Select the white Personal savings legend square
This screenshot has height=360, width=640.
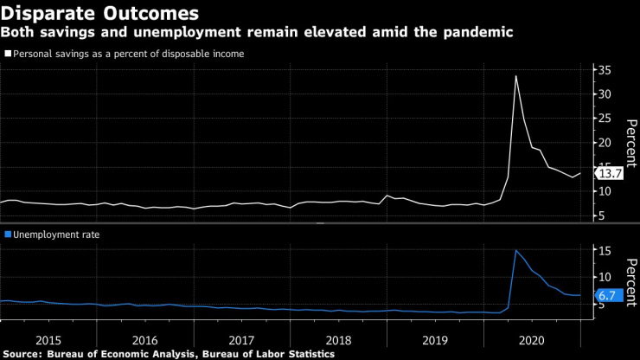(x=8, y=54)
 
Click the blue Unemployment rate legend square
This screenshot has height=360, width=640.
(x=8, y=235)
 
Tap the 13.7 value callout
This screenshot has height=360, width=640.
(x=611, y=173)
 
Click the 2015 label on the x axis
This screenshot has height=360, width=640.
(x=48, y=338)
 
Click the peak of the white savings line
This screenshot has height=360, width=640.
(x=516, y=75)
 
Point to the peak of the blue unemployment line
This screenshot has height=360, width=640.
(x=516, y=250)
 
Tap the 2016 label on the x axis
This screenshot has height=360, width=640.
(x=145, y=338)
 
